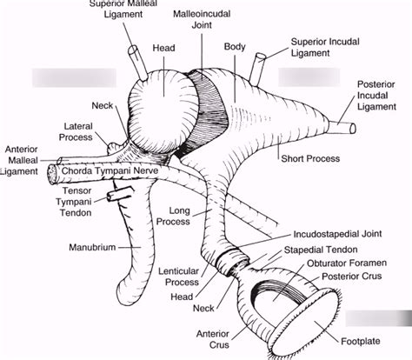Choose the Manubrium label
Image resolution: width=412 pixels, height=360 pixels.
93,247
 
